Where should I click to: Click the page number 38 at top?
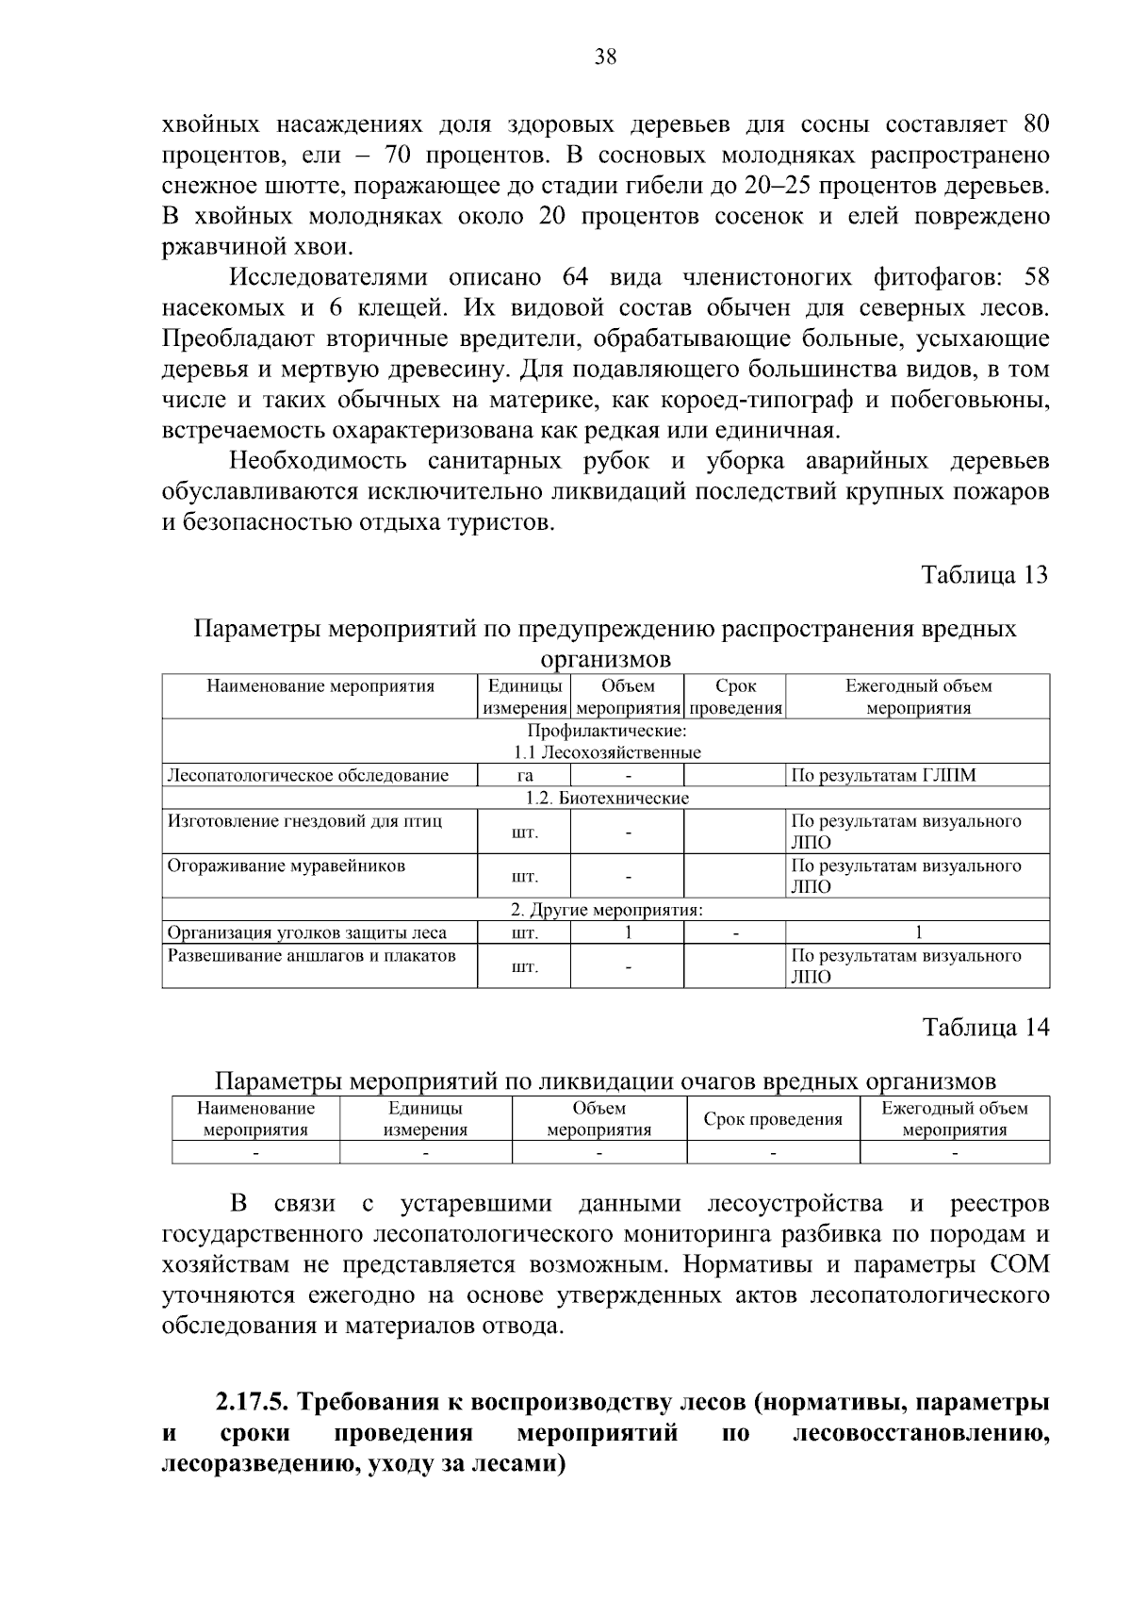tap(605, 58)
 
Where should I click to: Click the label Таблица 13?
tap(984, 575)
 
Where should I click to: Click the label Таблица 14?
tap(985, 1027)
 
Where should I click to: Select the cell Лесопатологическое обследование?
tap(307, 776)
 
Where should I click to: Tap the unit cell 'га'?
tap(525, 776)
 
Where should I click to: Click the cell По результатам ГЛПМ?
tap(883, 776)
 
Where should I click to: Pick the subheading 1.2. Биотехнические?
tap(607, 799)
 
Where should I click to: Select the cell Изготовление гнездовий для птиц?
tap(304, 821)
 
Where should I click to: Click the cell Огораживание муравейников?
tap(287, 865)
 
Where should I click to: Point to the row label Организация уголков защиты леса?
tap(307, 933)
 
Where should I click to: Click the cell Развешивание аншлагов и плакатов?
tap(311, 956)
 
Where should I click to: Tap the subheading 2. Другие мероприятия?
tap(607, 911)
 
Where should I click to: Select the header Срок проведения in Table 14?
tap(773, 1119)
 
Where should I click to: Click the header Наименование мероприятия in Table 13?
tap(320, 686)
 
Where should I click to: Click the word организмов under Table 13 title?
tap(605, 658)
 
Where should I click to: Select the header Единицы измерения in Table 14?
tap(425, 1119)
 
